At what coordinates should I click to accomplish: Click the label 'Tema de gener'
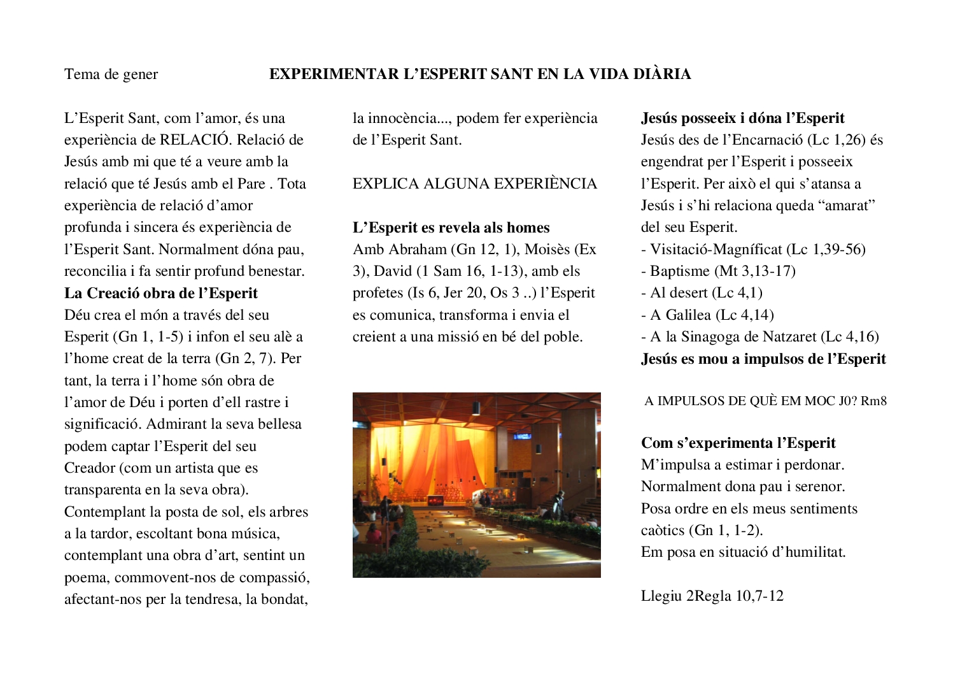click(111, 75)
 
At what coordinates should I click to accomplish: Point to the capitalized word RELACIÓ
click(189, 140)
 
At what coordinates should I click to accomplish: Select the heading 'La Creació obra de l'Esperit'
click(161, 294)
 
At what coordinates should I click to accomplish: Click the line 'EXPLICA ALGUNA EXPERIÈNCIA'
click(475, 184)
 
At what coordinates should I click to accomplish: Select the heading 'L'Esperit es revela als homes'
click(451, 228)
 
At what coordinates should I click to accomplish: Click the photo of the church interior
click(476, 485)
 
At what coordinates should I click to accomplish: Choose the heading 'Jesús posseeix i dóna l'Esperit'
click(742, 118)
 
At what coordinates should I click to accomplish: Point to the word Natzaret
click(786, 337)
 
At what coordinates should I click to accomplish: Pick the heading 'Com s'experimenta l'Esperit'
click(738, 443)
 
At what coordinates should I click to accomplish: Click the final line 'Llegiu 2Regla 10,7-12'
click(712, 596)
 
